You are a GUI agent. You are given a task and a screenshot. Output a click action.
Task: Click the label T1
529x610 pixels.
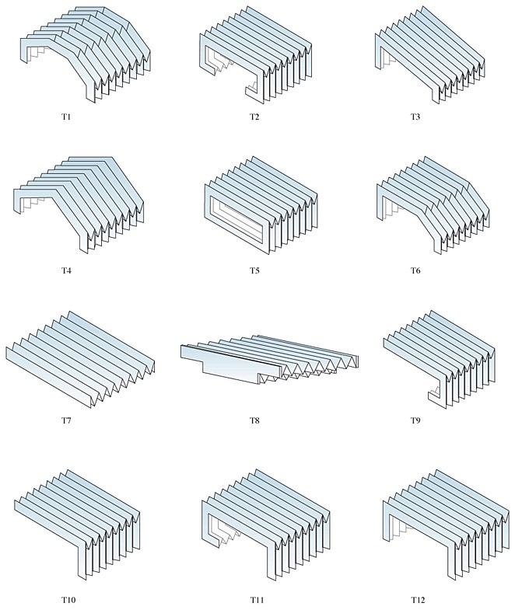[x=66, y=117]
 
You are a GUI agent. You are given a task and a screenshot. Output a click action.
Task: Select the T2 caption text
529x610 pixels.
[x=254, y=117]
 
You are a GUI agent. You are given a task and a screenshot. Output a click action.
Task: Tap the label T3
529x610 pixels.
[x=415, y=117]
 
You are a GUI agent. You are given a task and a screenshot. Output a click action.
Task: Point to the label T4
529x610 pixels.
[x=66, y=270]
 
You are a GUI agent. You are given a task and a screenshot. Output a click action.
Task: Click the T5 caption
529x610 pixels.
[x=254, y=270]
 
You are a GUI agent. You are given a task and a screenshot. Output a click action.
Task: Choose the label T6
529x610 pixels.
[x=415, y=270]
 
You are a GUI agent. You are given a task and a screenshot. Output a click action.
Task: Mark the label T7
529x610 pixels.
[x=66, y=420]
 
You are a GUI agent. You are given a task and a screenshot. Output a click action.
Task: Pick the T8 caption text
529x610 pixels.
[x=254, y=420]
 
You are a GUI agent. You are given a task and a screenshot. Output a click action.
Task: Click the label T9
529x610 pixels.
[x=415, y=420]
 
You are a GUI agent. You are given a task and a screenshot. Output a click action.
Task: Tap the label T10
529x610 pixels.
[x=68, y=599]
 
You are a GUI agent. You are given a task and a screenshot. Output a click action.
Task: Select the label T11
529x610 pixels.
[x=257, y=599]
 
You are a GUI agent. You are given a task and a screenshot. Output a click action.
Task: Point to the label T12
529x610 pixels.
[x=418, y=599]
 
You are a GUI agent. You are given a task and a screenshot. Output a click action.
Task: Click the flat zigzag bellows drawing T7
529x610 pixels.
[x=80, y=360]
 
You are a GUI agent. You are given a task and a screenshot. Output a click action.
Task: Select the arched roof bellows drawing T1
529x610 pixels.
[x=86, y=54]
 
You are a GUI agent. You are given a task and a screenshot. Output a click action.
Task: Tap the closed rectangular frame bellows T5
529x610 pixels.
[x=261, y=205]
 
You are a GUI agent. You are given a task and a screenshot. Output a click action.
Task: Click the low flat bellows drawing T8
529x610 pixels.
[x=270, y=360]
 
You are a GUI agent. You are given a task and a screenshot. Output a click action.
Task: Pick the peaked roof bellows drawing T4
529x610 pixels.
[x=79, y=205]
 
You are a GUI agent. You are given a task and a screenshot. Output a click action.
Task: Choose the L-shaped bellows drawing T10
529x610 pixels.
[x=77, y=525]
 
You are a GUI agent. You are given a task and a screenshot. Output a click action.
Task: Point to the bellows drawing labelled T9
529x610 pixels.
[x=440, y=360]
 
